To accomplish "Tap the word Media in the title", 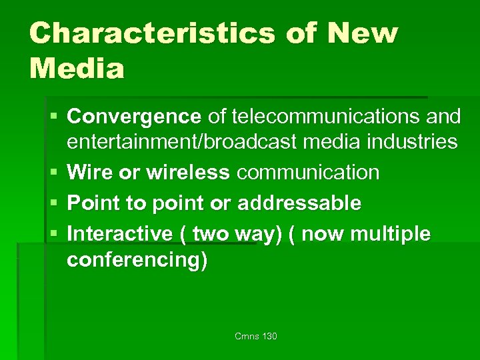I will click(x=77, y=68).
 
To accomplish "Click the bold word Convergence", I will click(x=134, y=117).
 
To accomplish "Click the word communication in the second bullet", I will click(x=308, y=173).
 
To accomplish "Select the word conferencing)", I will click(x=137, y=259).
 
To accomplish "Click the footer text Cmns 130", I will click(x=256, y=337).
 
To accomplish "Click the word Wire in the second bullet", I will click(x=88, y=173).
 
